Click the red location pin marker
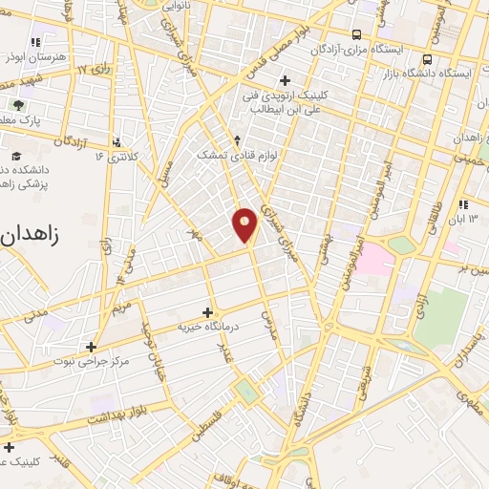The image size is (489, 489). pos(245,224)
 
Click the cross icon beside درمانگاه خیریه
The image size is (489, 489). pos(208,312)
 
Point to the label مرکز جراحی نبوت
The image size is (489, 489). pos(92,362)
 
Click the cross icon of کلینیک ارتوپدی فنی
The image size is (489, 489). pos(284,80)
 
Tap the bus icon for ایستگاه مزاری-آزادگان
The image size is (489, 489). pos(356,32)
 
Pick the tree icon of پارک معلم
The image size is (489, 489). pos(16,103)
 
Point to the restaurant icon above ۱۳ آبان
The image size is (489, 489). pos(463,204)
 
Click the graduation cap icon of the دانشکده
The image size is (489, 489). pos(16,156)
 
